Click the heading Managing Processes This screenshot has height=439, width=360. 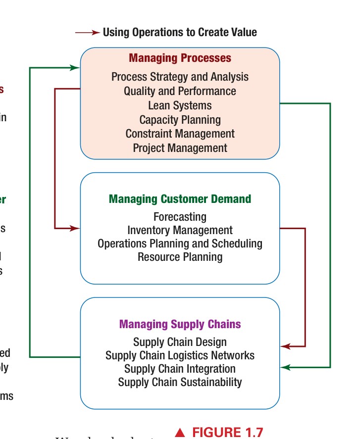pos(180,58)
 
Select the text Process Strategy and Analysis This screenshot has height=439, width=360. pos(180,77)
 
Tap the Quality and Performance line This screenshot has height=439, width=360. pos(180,91)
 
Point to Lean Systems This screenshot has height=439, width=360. pos(180,105)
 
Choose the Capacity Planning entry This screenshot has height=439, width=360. pos(180,120)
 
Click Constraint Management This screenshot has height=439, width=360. pos(180,134)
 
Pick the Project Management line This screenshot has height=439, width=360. pos(180,148)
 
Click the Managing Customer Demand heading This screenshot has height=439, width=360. pos(180,199)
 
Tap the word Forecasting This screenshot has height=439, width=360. pos(180,217)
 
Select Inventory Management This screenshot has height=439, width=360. pos(180,230)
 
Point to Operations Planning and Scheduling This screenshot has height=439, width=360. pos(180,244)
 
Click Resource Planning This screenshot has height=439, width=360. pos(180,257)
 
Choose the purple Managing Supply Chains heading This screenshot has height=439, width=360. pos(180,325)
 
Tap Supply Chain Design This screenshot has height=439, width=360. pos(180,342)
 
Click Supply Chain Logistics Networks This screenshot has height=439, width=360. pos(180,355)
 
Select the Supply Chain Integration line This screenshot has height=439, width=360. pos(180,369)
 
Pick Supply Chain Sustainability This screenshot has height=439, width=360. pos(180,382)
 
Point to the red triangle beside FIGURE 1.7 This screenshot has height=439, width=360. pos(180,433)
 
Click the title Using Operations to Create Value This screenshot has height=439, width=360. pos(180,33)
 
